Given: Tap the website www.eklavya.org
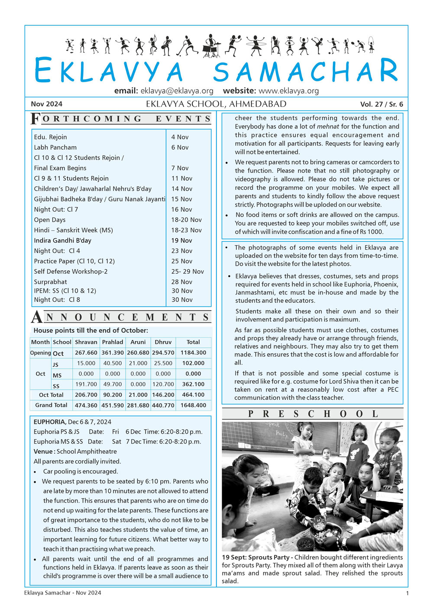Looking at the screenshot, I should tap(288, 91).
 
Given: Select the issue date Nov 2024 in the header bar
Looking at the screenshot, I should tap(46, 104).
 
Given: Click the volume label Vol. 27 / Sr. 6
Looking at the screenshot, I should tap(381, 104).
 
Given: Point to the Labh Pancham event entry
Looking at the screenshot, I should tap(55, 147).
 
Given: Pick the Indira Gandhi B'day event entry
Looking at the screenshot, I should tap(62, 240).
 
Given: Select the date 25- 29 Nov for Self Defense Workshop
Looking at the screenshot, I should tap(187, 272).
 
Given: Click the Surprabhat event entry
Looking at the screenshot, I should tap(50, 282).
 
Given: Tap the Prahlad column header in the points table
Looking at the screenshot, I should tap(113, 342).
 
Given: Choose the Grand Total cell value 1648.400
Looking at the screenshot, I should tap(193, 405).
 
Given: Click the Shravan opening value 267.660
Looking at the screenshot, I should tap(86, 353).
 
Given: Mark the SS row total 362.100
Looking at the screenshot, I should tap(193, 384).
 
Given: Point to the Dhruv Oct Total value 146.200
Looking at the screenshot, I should tap(163, 395).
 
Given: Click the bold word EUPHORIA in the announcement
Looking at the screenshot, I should tap(49, 422).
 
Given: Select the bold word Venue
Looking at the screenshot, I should tap(43, 451).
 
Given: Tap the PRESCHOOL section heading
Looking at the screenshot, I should tap(313, 414).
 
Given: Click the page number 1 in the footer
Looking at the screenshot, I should tap(407, 593).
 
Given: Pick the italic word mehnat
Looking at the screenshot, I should tap(328, 126).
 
